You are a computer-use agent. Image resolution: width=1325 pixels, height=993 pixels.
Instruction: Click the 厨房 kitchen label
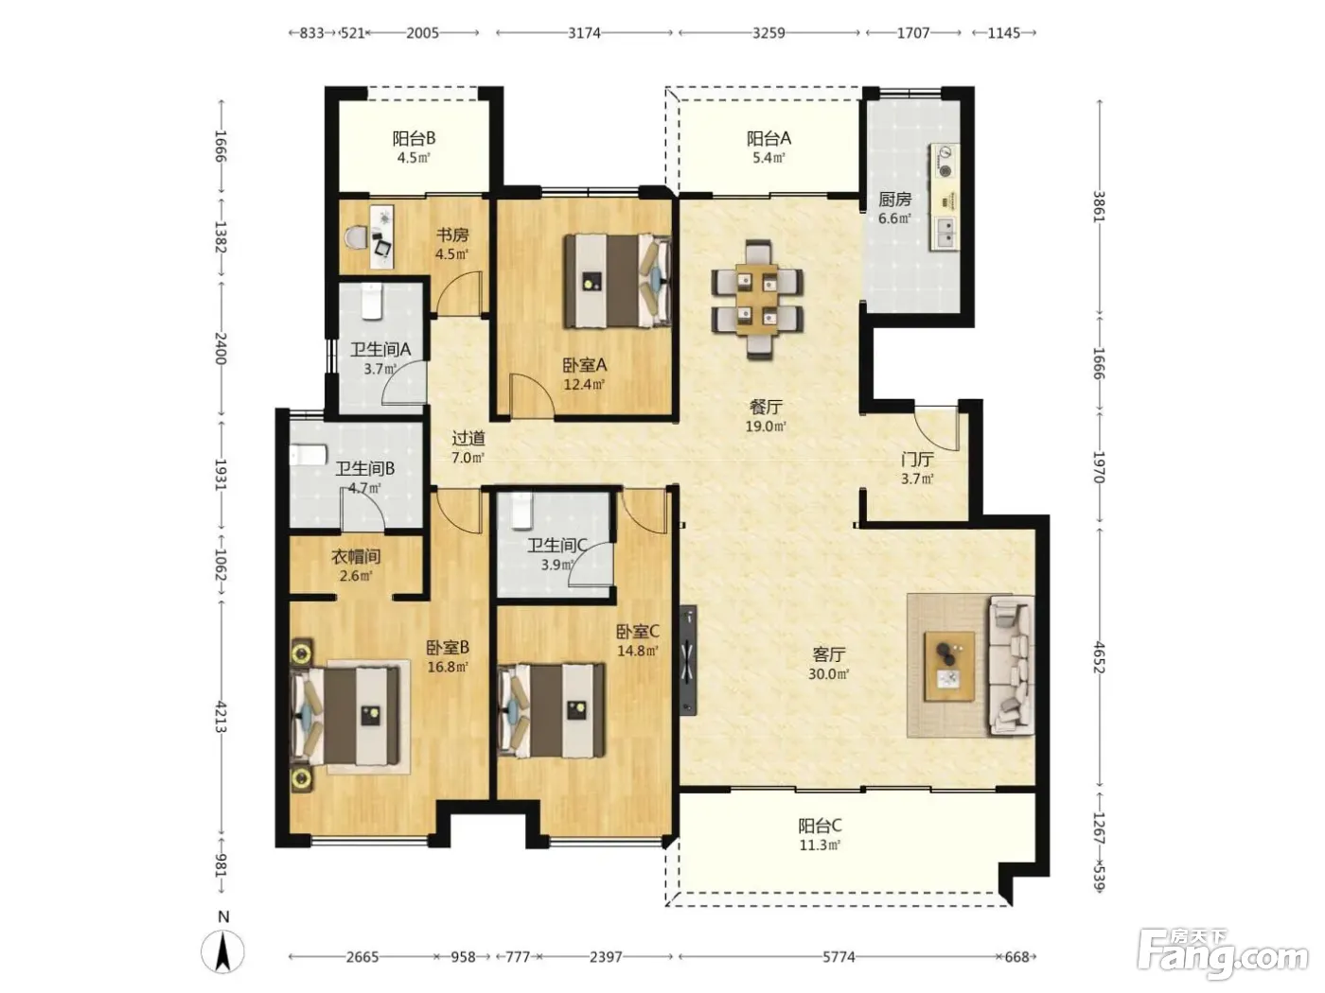[894, 199]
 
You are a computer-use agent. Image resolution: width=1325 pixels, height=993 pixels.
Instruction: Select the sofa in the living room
[1011, 665]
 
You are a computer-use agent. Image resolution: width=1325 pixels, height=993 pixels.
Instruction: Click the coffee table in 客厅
[949, 666]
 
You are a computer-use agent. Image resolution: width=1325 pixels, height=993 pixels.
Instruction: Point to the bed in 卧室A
[617, 281]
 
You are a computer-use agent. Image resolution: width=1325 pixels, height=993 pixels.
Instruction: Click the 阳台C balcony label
[820, 826]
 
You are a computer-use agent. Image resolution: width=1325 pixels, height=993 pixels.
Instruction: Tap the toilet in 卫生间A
[371, 302]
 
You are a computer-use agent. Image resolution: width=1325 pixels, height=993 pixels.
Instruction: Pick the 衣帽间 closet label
[356, 556]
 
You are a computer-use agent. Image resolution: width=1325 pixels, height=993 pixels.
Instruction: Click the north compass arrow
[222, 952]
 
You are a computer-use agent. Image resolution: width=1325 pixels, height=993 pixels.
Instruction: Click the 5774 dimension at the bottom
[839, 956]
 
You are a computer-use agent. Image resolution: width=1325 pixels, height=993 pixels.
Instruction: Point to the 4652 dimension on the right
[1099, 657]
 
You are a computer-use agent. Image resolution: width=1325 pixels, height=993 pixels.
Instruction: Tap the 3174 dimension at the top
[584, 32]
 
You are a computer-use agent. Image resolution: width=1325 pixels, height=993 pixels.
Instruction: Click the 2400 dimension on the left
[221, 348]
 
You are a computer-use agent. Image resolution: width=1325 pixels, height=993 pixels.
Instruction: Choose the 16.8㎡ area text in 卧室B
[448, 667]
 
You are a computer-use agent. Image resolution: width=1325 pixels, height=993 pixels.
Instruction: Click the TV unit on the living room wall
[687, 660]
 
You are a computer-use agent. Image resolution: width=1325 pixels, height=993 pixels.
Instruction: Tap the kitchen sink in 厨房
[945, 234]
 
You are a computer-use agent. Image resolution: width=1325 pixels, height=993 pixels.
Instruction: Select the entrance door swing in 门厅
[936, 428]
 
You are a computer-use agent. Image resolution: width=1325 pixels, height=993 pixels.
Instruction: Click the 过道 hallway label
[468, 438]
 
